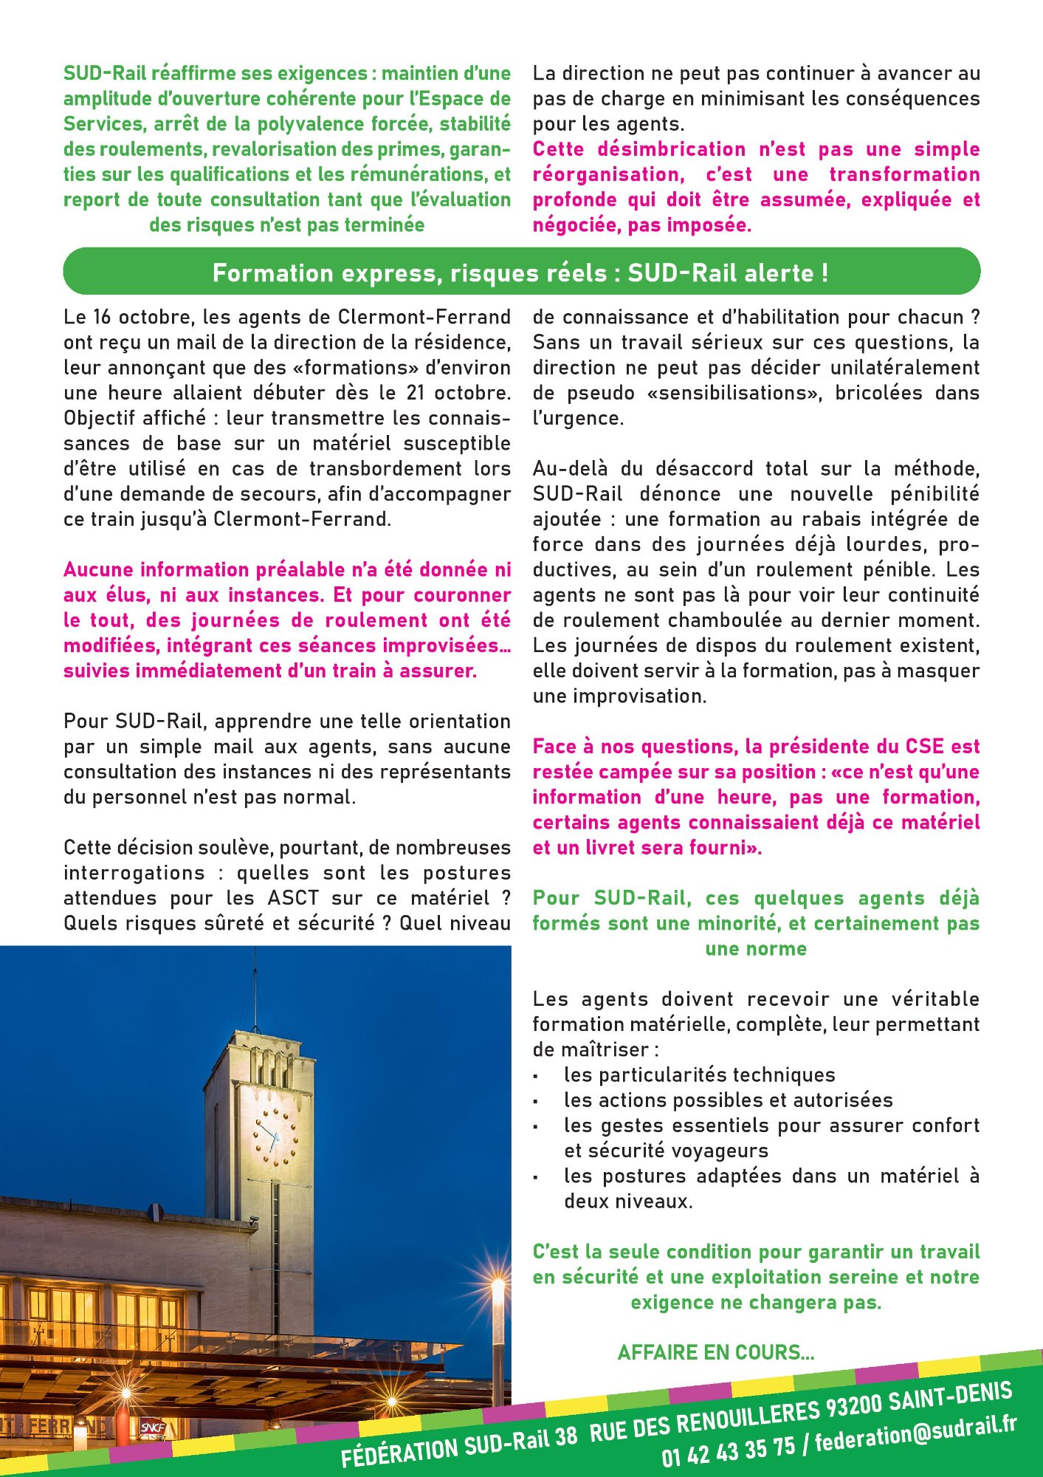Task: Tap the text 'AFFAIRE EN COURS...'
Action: point(715,1352)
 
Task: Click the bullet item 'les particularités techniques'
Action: point(699,1075)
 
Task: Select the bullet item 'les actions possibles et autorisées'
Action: point(728,1100)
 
